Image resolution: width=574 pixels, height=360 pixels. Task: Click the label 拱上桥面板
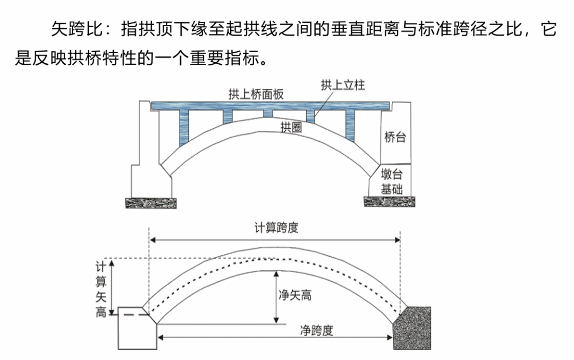click(256, 95)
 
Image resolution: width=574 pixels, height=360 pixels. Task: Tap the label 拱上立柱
click(343, 85)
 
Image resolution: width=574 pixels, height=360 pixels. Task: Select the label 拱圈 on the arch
click(291, 127)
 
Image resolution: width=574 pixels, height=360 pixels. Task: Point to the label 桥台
click(395, 138)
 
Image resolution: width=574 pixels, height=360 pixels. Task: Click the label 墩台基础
click(392, 181)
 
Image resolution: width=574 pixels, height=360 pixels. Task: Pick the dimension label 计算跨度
click(276, 228)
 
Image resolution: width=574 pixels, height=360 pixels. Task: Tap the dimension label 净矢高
click(295, 295)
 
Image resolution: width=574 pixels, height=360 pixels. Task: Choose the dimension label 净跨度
click(317, 330)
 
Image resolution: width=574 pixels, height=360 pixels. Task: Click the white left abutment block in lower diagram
click(137, 331)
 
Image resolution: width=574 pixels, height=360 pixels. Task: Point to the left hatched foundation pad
click(150, 203)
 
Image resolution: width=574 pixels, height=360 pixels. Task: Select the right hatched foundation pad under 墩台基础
click(390, 202)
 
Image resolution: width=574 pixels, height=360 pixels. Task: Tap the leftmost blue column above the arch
click(184, 128)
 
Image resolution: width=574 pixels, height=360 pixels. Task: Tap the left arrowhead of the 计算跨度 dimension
click(153, 240)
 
